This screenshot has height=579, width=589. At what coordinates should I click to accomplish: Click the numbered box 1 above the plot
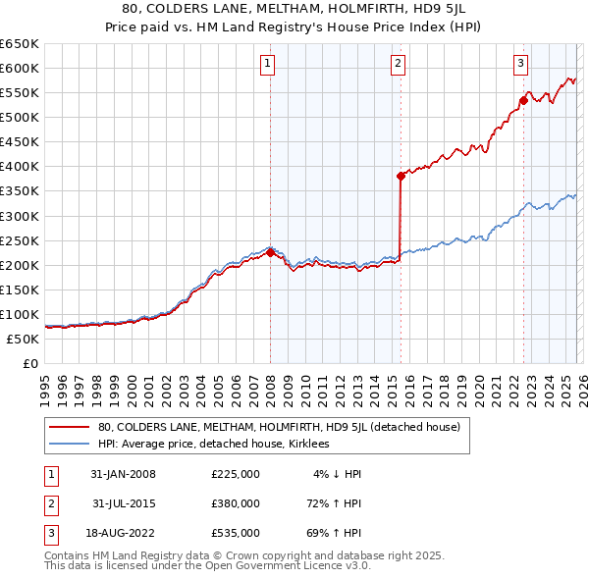coord(268,65)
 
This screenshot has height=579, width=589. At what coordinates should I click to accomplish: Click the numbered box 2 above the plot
coord(398,65)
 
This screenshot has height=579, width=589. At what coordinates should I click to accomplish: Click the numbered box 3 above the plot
coord(520,65)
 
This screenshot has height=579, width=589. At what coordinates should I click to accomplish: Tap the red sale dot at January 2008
coord(270,252)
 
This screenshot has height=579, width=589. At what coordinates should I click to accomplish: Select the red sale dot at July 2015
coord(401,176)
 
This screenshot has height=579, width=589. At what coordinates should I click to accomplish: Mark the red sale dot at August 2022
coord(523,99)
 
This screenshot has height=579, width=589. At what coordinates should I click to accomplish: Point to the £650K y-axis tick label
coord(20,44)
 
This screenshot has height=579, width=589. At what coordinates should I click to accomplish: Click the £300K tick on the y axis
coord(20,216)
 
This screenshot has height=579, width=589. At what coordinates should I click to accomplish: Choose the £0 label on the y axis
coord(30,363)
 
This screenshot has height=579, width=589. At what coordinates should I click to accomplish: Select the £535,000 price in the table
coord(236,533)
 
